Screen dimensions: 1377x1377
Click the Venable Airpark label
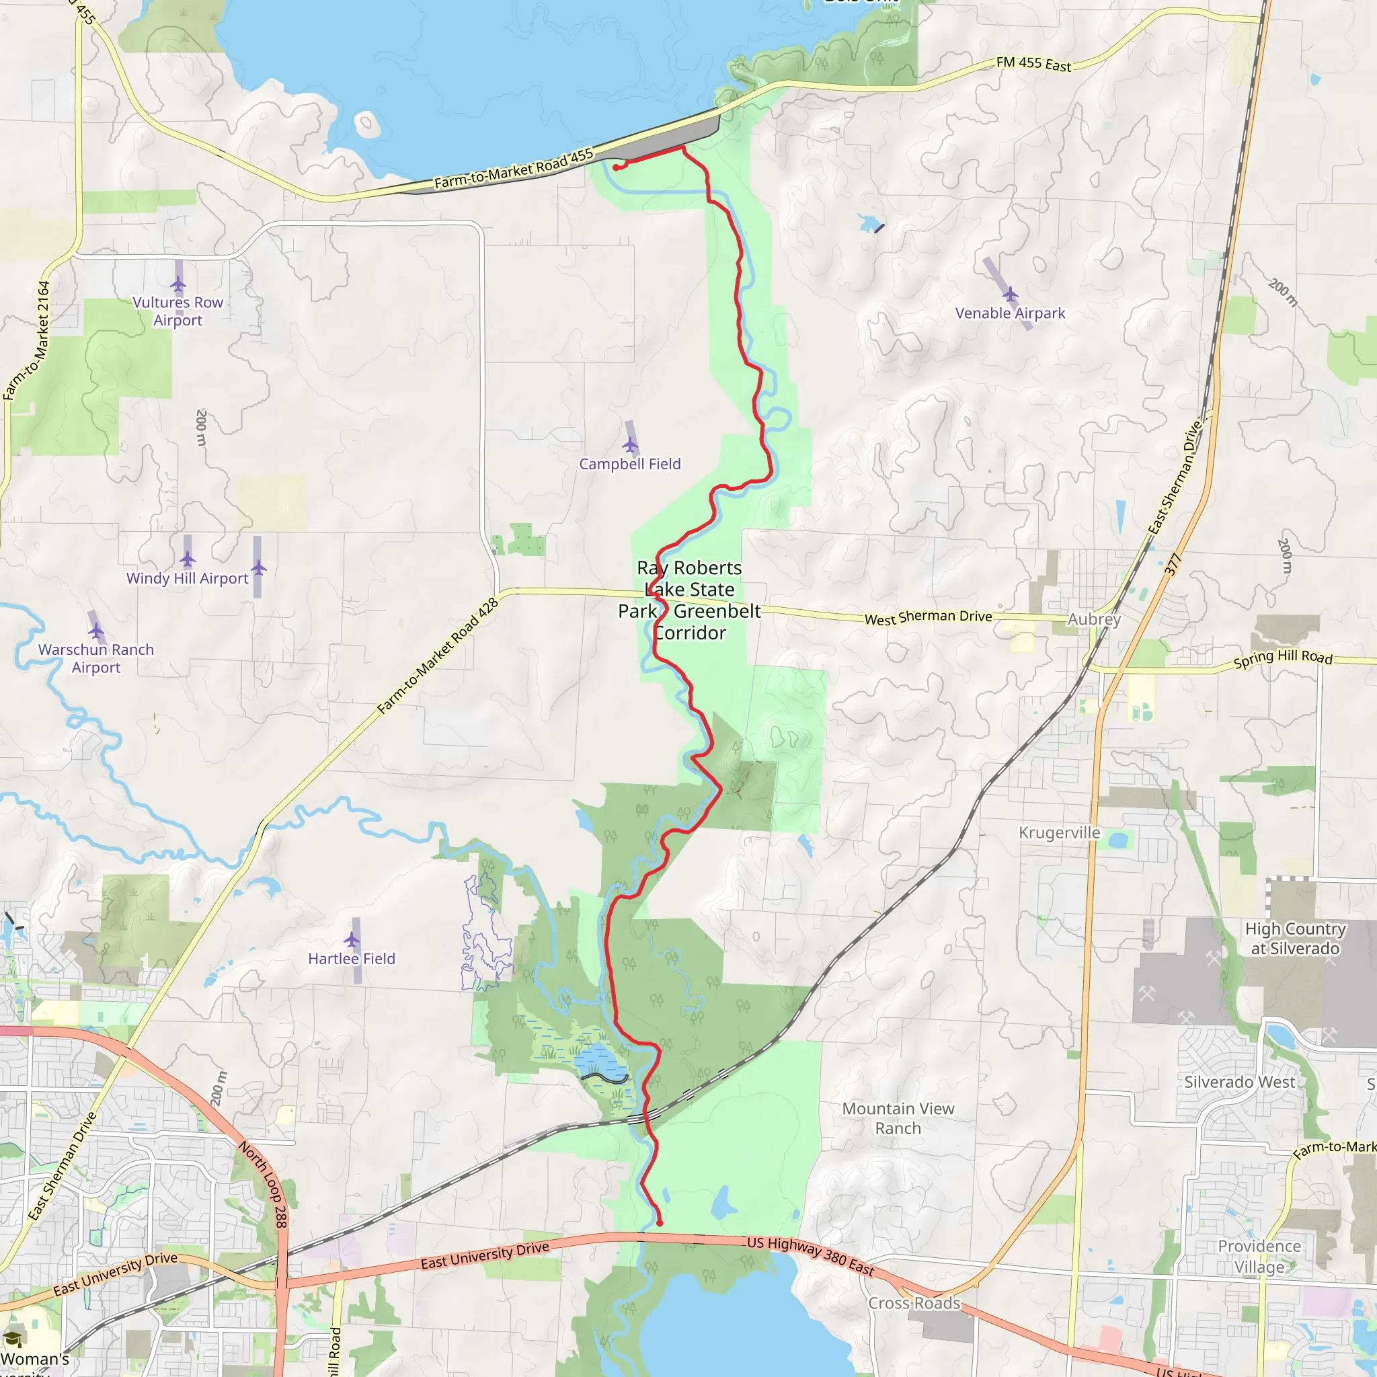(1009, 313)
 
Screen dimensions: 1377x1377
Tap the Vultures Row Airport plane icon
(178, 284)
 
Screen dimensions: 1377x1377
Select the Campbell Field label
(629, 464)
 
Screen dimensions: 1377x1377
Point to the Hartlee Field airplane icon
(352, 939)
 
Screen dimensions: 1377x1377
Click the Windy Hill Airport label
(188, 578)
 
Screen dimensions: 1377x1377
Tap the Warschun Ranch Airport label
(96, 658)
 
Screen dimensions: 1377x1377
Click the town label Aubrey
(1093, 619)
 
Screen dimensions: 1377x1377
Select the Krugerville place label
(1059, 832)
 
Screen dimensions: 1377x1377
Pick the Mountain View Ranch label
(898, 1118)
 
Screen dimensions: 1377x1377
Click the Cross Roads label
(914, 1303)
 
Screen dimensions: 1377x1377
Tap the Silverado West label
(1239, 1082)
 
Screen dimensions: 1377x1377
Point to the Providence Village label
(1259, 1256)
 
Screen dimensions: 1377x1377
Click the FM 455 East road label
(1033, 64)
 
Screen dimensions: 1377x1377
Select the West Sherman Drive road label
(928, 617)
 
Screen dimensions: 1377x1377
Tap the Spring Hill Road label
(1283, 657)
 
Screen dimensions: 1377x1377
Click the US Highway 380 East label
(810, 1256)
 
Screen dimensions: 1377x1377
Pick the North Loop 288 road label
(263, 1184)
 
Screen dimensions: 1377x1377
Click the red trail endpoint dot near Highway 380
(660, 1223)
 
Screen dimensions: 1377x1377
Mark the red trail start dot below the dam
(615, 167)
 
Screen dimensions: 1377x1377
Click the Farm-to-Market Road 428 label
(438, 656)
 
